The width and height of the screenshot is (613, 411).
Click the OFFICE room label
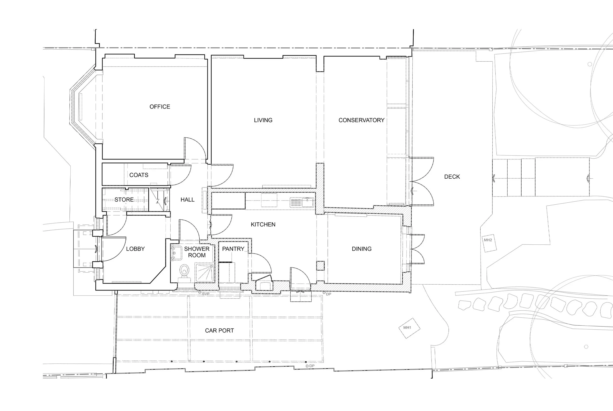pos(160,107)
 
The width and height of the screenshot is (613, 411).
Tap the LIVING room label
pos(263,120)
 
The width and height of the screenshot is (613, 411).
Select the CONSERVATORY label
pos(361,120)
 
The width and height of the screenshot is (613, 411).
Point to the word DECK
pos(452,177)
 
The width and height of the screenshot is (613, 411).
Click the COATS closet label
pos(139,175)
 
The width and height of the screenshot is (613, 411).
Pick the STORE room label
pos(124,200)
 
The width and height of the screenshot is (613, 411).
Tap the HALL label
pos(188,200)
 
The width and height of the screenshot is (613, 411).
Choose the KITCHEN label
pos(263,224)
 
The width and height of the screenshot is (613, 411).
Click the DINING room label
pos(361,249)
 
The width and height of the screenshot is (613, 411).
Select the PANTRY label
pos(233,249)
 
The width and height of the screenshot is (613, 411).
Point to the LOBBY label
pos(135,249)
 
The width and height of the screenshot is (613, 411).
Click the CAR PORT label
pos(219,331)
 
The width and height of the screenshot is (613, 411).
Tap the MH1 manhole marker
pos(407,328)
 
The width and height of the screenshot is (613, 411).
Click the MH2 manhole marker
pos(488,240)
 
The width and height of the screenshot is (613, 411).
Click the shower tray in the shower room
pos(204,272)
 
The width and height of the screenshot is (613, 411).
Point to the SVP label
pos(205,294)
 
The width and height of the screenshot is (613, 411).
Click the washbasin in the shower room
pos(176,253)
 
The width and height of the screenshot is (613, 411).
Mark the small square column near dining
pos(320,265)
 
